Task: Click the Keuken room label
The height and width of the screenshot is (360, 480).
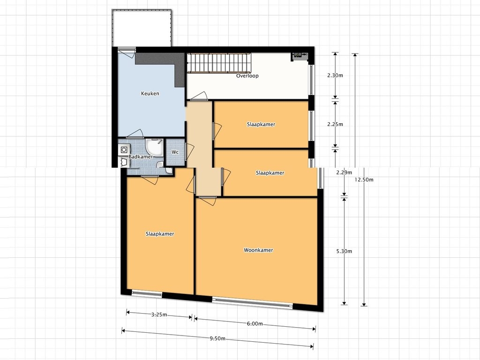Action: [150, 93]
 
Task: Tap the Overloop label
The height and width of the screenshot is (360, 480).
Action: [247, 75]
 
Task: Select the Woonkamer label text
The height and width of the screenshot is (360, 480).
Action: [258, 250]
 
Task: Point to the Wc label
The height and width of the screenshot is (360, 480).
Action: [175, 152]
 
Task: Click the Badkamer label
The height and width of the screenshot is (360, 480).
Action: [141, 157]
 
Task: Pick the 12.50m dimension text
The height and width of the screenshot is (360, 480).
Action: [364, 180]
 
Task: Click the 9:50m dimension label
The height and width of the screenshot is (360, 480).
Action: [217, 338]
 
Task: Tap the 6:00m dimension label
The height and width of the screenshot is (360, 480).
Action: [255, 324]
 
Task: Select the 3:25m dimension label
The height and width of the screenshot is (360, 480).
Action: [159, 315]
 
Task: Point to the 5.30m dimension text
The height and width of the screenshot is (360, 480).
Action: [344, 251]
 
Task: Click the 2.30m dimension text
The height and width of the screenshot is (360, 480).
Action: [335, 75]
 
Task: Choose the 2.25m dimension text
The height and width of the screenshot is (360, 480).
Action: [335, 124]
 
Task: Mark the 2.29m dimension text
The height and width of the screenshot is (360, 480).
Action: [344, 172]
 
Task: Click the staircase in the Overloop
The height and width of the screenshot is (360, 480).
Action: [219, 63]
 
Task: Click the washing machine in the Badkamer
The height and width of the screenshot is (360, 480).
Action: [124, 150]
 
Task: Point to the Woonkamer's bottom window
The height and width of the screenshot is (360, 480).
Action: [253, 301]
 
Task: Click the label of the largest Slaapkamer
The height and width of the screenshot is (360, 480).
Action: [160, 234]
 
